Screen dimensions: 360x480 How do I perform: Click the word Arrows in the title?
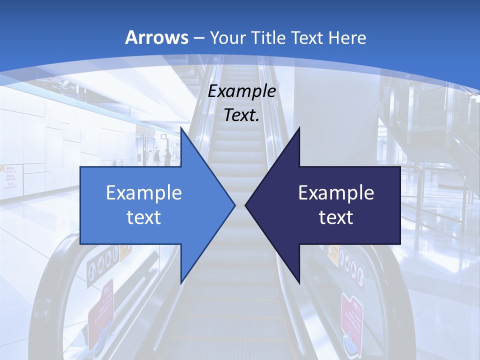coord(157,37)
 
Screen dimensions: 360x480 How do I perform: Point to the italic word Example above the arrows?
coord(242,91)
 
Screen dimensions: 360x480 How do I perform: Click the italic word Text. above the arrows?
coord(242,115)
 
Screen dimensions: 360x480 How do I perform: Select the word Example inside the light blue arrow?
coord(144,192)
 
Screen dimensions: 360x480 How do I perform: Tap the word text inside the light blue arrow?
coord(144,217)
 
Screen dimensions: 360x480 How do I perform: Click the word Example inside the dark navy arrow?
coord(336,192)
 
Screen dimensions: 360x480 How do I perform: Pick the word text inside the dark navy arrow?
coord(336,217)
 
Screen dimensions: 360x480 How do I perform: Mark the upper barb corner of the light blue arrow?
coord(181,128)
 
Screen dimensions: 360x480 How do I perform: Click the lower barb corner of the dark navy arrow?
coord(299,282)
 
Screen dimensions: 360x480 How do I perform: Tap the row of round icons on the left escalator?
coord(102,262)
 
